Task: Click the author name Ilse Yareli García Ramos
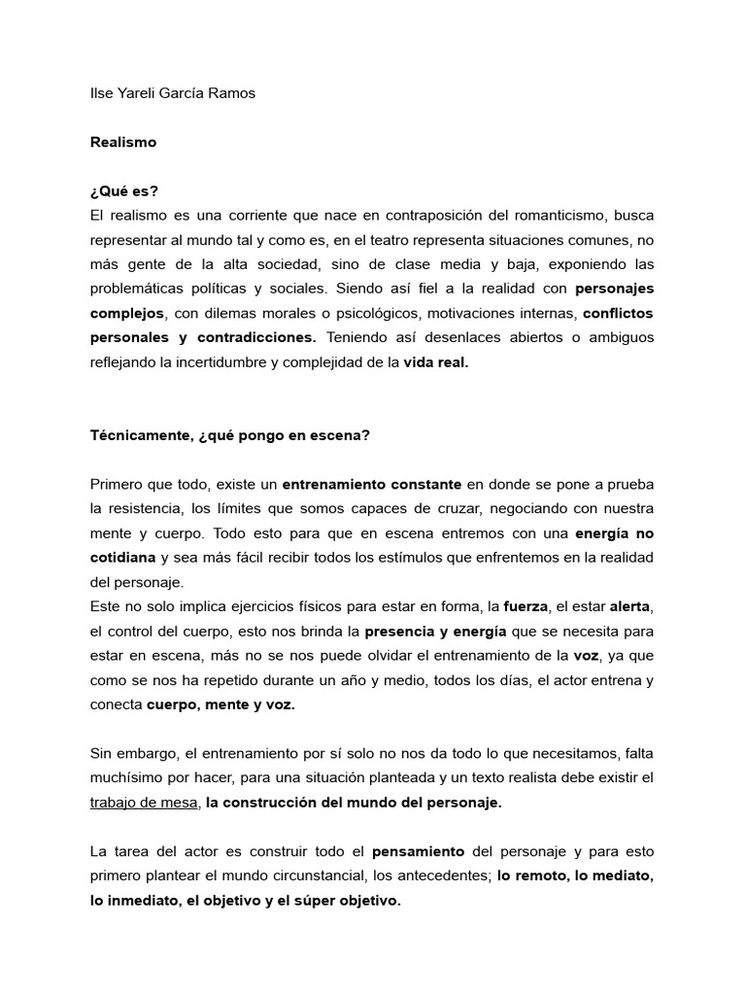coord(172,93)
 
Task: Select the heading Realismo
coord(122,142)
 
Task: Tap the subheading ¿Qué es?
coord(123,190)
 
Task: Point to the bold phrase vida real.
coord(436,361)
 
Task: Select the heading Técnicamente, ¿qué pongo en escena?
coord(230,434)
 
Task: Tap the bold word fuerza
coord(526,606)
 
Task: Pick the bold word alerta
coord(629,606)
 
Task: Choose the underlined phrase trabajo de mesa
coord(145,803)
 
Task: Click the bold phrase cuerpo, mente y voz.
coord(220,704)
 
